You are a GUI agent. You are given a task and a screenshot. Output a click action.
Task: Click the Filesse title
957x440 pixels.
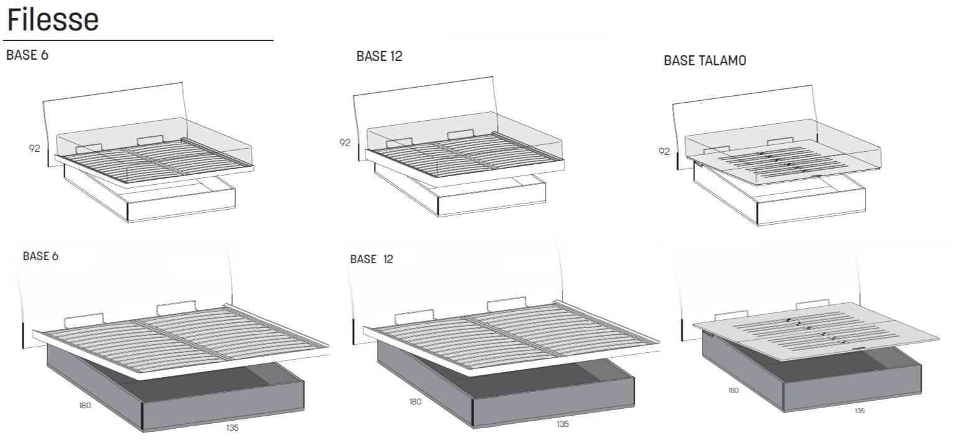pyautogui.click(x=53, y=20)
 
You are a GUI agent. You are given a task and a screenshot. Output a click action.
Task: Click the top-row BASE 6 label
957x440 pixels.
pyautogui.click(x=27, y=55)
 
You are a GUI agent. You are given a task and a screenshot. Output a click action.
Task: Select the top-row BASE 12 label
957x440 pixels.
pyautogui.click(x=380, y=57)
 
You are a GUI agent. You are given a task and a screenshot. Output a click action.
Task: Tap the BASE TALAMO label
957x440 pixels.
pyautogui.click(x=705, y=60)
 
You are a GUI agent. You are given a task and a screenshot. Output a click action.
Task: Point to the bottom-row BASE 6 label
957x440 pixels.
pyautogui.click(x=40, y=256)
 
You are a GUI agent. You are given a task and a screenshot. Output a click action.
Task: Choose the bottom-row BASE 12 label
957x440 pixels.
pyautogui.click(x=371, y=260)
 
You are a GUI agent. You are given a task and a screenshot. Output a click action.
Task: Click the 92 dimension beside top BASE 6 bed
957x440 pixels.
pyautogui.click(x=35, y=148)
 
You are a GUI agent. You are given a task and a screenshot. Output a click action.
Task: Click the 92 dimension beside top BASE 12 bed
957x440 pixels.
pyautogui.click(x=345, y=143)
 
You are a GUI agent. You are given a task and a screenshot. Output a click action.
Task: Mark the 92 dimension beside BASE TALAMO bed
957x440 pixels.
pyautogui.click(x=664, y=151)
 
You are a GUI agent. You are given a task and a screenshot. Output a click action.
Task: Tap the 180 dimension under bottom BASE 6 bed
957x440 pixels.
pyautogui.click(x=85, y=405)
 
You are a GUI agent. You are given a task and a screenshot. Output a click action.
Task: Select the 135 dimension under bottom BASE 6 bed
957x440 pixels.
pyautogui.click(x=232, y=428)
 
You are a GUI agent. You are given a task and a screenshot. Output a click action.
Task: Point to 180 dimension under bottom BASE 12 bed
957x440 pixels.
pyautogui.click(x=415, y=401)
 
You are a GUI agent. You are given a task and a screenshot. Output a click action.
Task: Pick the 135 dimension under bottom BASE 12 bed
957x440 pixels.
pyautogui.click(x=563, y=424)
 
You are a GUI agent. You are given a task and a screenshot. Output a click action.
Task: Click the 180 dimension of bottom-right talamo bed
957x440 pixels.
pyautogui.click(x=733, y=390)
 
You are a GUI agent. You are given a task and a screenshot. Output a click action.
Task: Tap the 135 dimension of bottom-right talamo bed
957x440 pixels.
pyautogui.click(x=859, y=411)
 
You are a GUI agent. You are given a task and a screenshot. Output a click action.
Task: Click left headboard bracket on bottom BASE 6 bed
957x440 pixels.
pyautogui.click(x=84, y=319)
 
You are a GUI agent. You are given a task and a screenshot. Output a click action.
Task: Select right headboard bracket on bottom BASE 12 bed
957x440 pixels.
pyautogui.click(x=507, y=304)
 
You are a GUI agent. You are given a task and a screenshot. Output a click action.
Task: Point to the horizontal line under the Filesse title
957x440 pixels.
pyautogui.click(x=138, y=40)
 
